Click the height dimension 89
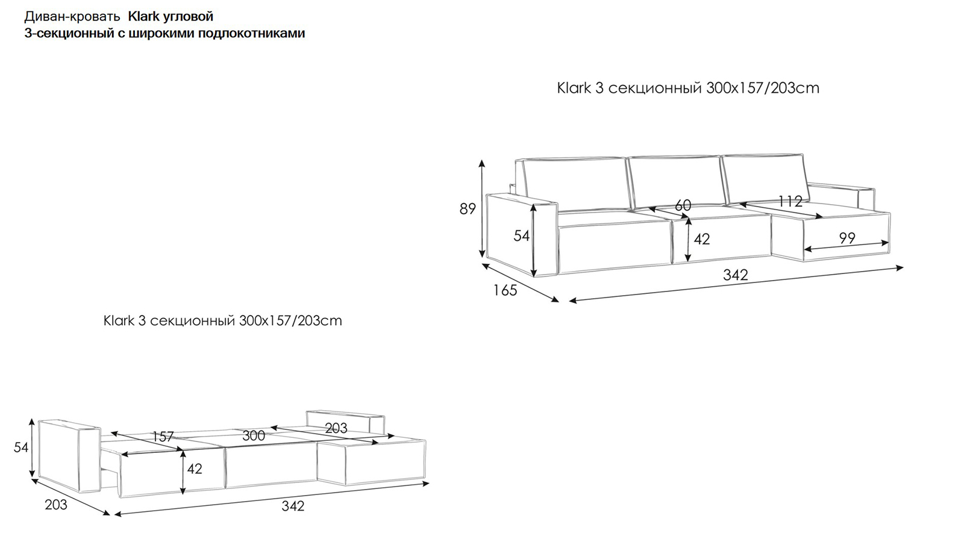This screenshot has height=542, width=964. tap(468, 208)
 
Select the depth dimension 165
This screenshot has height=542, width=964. tap(505, 290)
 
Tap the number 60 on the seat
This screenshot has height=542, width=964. tap(683, 205)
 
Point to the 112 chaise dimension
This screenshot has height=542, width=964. tap(790, 201)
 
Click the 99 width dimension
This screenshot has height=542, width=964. tap(847, 238)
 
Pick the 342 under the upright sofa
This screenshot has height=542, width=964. tap(736, 275)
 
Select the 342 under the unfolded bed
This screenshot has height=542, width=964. tap(293, 506)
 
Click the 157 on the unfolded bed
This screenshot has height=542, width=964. tap(163, 437)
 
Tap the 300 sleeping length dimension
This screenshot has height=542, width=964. tap(254, 436)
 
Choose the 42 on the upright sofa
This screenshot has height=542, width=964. tap(702, 239)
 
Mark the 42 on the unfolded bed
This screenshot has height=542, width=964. tap(195, 469)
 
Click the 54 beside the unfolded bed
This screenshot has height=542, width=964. tap(21, 447)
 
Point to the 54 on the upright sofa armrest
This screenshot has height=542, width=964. tap(522, 235)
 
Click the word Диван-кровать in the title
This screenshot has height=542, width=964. tap(72, 17)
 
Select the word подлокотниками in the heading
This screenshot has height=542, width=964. tap(251, 33)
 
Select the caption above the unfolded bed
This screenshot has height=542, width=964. tap(222, 321)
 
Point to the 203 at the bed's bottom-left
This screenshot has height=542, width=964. tap(56, 505)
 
